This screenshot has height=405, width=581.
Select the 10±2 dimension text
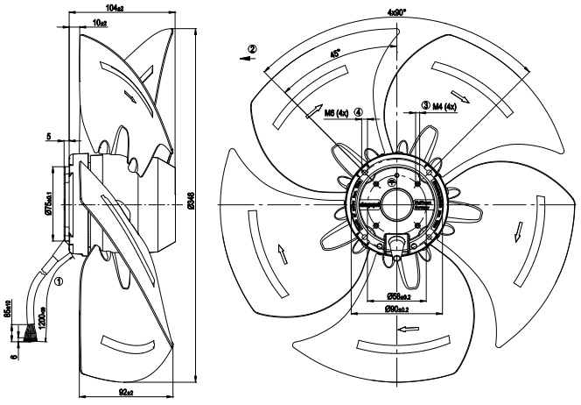(x=100, y=19)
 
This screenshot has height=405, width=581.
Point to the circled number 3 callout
(x=426, y=106)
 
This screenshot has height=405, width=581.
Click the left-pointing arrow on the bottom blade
(x=408, y=330)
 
